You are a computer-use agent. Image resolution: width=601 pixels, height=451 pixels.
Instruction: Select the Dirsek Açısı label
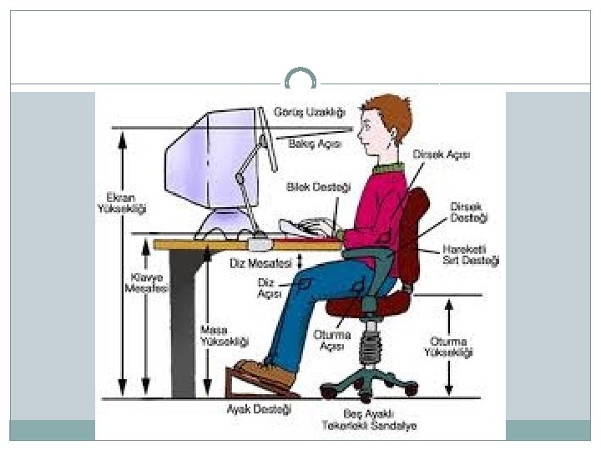[x=442, y=155]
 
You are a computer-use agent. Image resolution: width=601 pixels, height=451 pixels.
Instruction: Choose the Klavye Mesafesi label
[x=147, y=282]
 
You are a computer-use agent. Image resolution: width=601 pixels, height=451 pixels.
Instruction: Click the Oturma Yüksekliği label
[x=449, y=347]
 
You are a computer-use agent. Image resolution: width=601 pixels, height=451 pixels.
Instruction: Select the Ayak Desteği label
[x=260, y=409]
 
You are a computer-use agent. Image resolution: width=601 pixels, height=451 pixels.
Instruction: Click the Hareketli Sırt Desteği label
[x=471, y=255]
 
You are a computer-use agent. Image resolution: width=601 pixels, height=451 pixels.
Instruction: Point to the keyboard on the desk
[x=304, y=228]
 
